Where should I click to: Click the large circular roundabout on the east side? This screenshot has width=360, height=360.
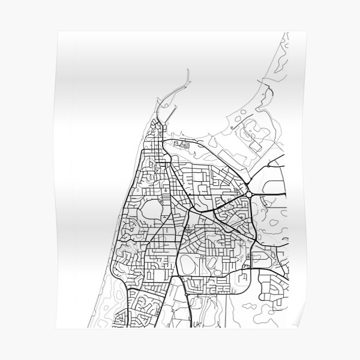tap(248, 195)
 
